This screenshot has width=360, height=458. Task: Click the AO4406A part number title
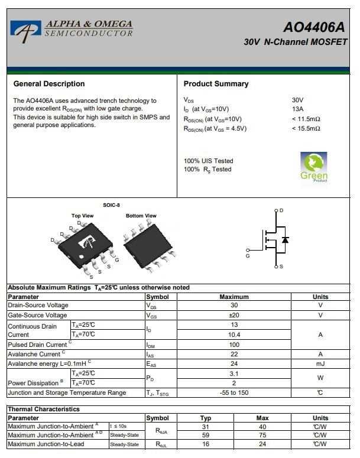click(x=313, y=27)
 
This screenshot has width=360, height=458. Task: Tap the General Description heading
click(x=49, y=84)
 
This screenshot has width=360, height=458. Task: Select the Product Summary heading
click(x=216, y=84)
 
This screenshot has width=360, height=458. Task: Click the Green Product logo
click(x=314, y=167)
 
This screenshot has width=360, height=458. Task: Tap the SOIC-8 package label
click(x=111, y=205)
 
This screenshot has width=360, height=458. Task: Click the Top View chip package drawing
click(x=85, y=246)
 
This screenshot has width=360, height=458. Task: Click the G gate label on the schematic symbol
click(x=248, y=256)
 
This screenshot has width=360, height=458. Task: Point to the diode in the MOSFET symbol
click(x=286, y=240)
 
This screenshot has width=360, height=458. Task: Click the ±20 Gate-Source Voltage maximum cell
click(x=234, y=315)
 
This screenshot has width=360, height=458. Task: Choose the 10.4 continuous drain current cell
click(x=234, y=334)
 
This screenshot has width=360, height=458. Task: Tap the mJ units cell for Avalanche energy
click(x=320, y=363)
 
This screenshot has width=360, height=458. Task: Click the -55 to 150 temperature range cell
click(x=234, y=392)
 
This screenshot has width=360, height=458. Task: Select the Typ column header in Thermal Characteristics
click(x=206, y=418)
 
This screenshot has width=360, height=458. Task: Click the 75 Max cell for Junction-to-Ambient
click(x=262, y=436)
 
